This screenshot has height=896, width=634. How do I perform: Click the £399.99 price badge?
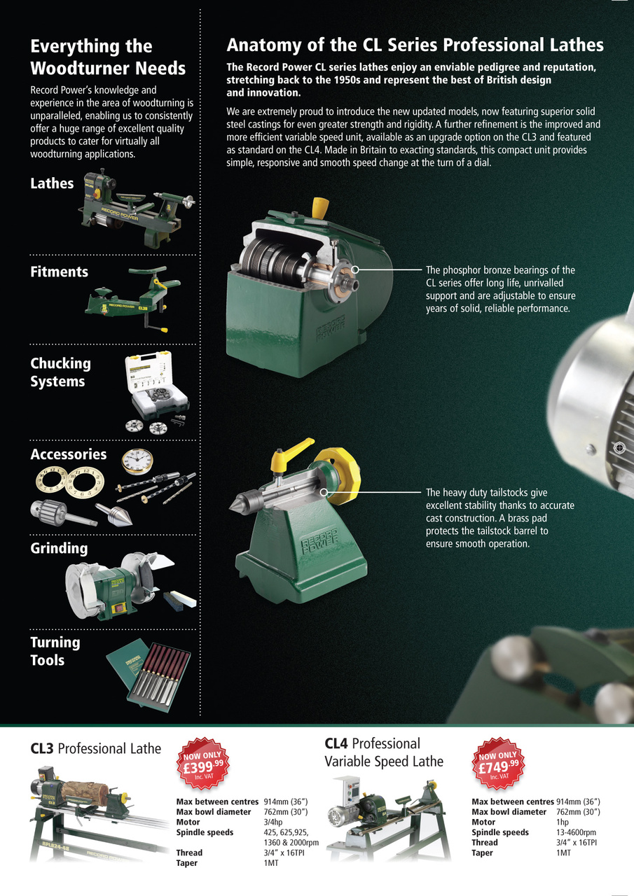[203, 764]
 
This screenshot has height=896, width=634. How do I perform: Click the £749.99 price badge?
[498, 764]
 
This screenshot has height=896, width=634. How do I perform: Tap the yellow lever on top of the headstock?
[320, 208]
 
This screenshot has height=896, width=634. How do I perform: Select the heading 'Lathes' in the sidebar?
[52, 183]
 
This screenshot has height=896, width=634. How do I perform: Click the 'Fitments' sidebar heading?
[60, 272]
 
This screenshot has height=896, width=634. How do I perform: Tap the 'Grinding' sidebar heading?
[60, 548]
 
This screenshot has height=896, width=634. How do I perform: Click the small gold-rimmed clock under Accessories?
[137, 461]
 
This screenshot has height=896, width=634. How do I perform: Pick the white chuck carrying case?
[157, 385]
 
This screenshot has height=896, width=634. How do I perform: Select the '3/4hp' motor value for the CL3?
[273, 822]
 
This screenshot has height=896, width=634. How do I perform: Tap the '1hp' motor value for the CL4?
[563, 822]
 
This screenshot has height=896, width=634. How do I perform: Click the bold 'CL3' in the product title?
[41, 748]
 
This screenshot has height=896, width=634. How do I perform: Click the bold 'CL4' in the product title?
[336, 743]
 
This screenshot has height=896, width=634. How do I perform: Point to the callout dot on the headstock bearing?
[355, 269]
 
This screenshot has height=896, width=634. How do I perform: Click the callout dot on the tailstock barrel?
[324, 492]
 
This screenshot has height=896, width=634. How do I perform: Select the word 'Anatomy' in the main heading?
[264, 46]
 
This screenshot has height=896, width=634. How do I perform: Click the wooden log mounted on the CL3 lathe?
[85, 790]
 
